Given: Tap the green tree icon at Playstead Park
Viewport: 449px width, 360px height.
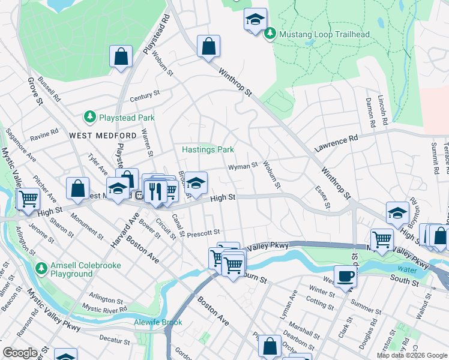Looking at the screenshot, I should (89, 116).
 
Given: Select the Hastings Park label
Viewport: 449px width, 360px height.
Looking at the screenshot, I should (208, 149).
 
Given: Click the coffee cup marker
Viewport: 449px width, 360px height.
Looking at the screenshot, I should (345, 276).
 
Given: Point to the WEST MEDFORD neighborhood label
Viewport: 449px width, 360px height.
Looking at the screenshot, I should (97, 136).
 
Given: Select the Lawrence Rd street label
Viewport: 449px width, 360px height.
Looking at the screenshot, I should (336, 142).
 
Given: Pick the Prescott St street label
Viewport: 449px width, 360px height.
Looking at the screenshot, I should (203, 232).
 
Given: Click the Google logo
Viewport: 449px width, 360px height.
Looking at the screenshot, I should (20, 352).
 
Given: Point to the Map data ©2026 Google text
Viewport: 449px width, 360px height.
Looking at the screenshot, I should (412, 355).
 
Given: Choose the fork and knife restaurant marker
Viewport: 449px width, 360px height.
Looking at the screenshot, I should (155, 191).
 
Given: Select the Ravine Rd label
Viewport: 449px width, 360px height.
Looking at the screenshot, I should (44, 134).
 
